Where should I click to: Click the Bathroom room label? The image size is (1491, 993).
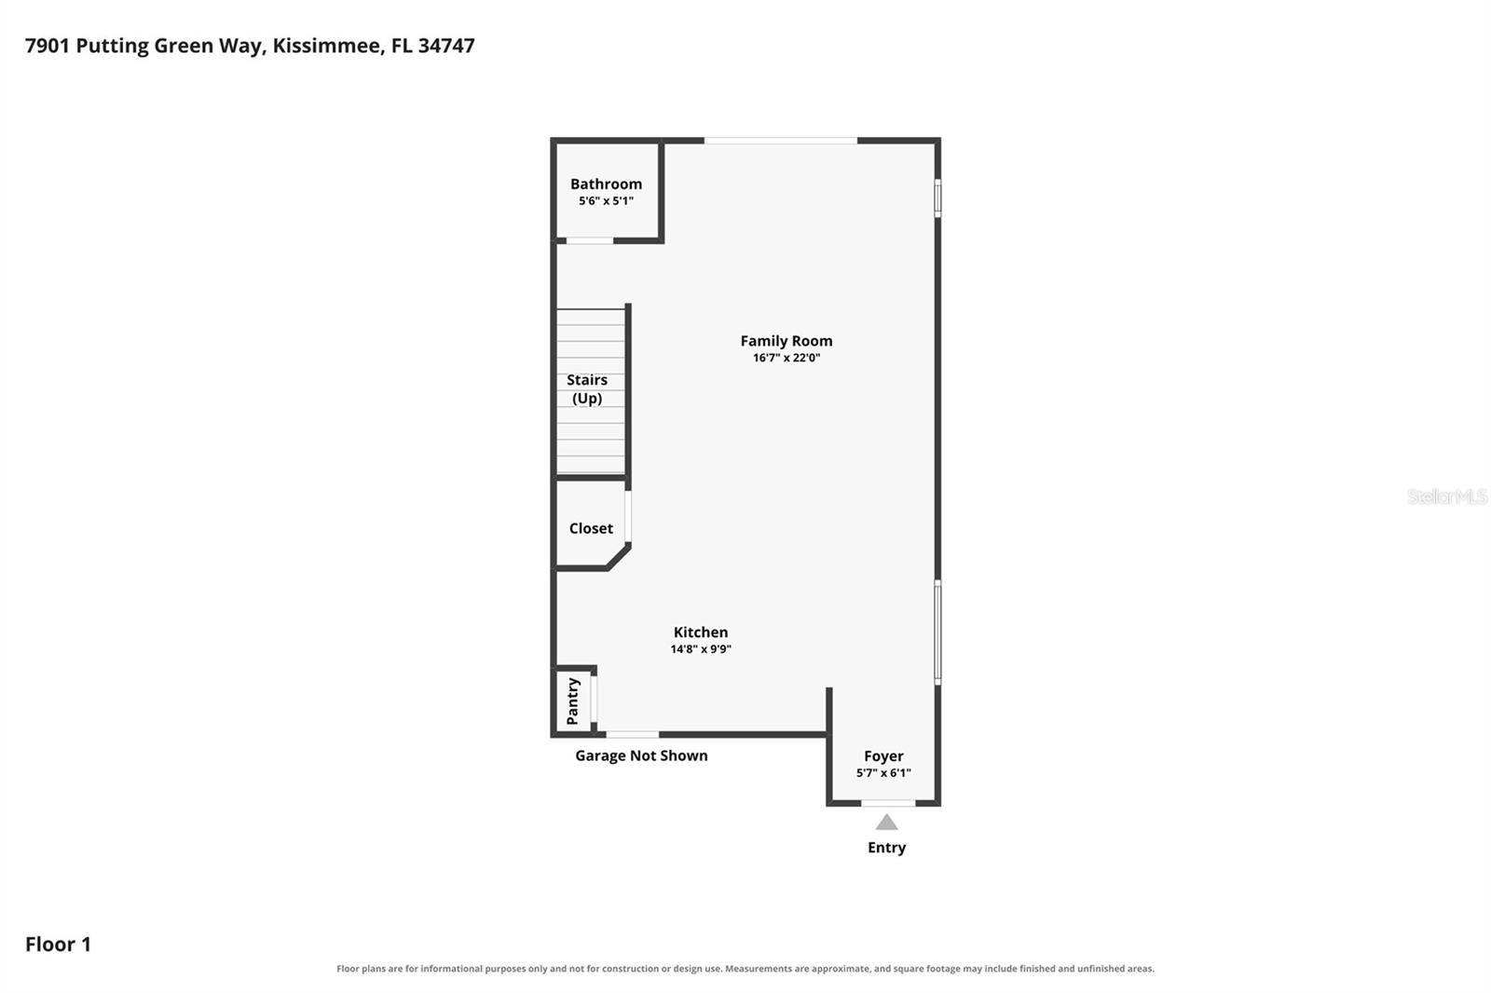tap(606, 184)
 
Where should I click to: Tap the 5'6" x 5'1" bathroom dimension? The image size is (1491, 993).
tap(606, 200)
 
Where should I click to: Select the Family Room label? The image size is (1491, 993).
tap(787, 341)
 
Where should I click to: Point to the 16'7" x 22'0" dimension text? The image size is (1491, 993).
tap(787, 358)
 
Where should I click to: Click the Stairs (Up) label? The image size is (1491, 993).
tap(587, 388)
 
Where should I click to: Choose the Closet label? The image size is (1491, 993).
tap(591, 528)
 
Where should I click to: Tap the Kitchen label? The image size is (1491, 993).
tap(700, 632)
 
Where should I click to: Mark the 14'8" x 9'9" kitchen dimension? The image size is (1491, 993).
tap(700, 649)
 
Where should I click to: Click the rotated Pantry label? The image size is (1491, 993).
tap(572, 701)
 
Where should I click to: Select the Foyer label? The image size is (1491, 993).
tap(883, 756)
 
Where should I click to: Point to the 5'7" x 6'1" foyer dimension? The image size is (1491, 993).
tap(883, 773)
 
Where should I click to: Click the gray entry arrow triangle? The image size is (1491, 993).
tap(886, 823)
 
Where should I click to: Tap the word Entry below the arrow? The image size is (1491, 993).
tap(886, 848)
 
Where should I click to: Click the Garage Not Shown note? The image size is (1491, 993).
tap(641, 755)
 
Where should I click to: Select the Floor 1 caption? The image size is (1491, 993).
tap(58, 944)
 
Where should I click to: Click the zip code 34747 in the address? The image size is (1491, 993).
tap(446, 46)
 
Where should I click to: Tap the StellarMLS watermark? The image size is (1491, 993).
tap(1446, 496)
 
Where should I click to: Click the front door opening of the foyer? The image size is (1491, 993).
tap(888, 803)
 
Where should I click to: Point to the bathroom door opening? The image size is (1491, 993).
tap(590, 240)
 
